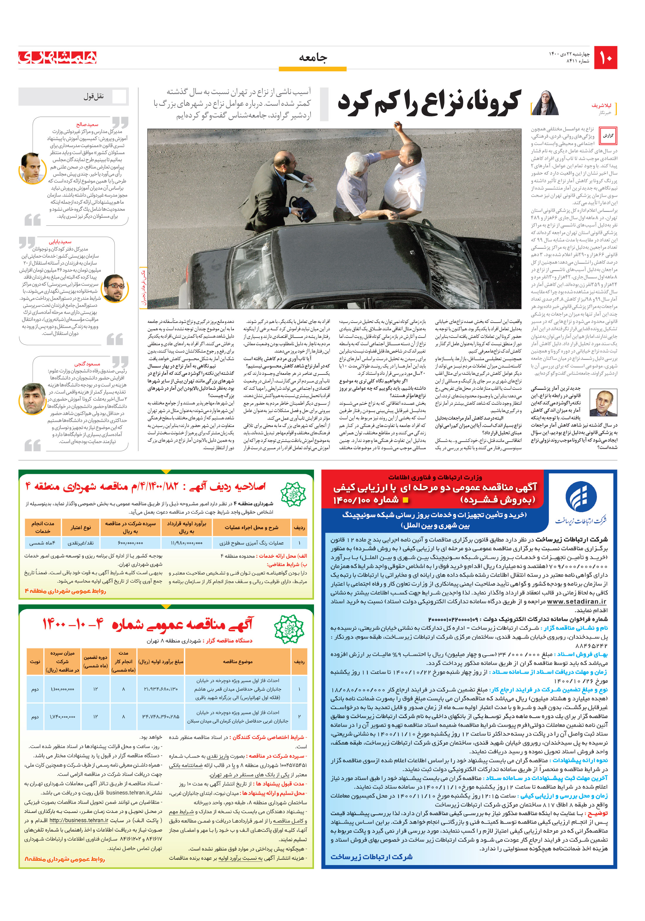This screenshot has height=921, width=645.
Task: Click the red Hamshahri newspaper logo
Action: coord(57,57)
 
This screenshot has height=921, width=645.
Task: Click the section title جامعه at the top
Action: coord(313,58)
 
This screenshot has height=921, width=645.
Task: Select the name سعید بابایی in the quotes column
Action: coord(60,242)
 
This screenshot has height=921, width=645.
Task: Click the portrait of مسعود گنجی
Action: coord(33,398)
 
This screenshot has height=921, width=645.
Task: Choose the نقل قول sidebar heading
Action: coord(94,97)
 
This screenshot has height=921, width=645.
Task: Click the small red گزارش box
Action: coord(608,136)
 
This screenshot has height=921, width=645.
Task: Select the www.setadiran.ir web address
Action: coord(576,602)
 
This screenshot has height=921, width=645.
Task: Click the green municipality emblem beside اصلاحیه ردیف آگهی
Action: coord(293,494)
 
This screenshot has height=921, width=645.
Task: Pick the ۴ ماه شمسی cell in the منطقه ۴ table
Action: coord(43,543)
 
